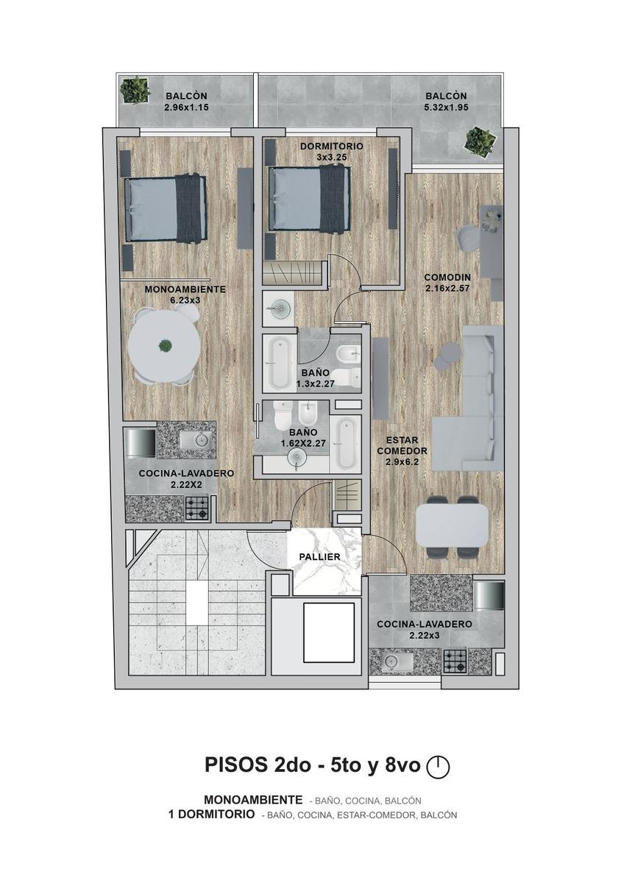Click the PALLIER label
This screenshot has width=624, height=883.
(319, 557)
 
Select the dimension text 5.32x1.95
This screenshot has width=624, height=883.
(446, 107)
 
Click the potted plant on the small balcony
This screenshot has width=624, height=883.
(135, 90)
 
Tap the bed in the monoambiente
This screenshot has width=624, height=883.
(166, 208)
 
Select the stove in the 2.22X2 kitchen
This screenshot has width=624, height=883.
(196, 508)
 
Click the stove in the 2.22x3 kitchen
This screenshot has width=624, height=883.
(455, 661)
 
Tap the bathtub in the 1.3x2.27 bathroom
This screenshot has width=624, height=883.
(280, 364)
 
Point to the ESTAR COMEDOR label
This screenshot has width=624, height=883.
(402, 445)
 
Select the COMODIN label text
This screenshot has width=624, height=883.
(447, 277)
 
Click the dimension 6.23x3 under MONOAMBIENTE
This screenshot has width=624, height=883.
(185, 300)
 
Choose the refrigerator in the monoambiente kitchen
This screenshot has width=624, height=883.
(141, 443)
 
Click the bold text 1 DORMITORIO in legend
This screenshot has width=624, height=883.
(211, 815)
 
